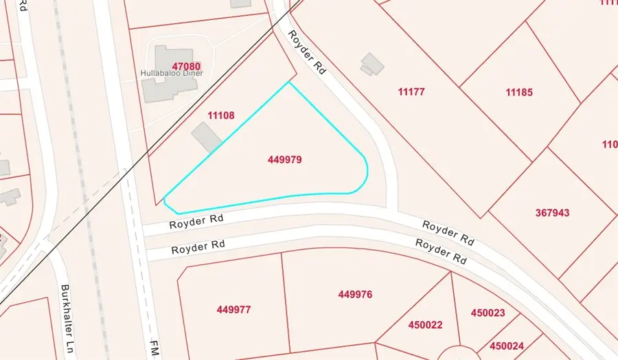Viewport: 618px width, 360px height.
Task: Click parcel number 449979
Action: click(285, 159)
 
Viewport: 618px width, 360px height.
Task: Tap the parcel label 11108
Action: click(221, 116)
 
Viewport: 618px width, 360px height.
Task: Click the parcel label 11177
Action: click(412, 91)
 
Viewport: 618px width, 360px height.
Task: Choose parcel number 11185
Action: click(519, 92)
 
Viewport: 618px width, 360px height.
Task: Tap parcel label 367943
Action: click(552, 213)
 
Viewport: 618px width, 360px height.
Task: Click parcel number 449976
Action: click(355, 295)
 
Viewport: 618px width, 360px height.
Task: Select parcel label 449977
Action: click(233, 310)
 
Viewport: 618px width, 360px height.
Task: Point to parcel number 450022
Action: click(426, 324)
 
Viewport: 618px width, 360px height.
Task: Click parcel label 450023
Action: click(488, 313)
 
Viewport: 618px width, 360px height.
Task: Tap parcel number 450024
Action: click(507, 346)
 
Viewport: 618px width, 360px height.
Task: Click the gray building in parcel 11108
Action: click(206, 137)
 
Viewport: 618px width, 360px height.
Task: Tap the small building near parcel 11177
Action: click(372, 63)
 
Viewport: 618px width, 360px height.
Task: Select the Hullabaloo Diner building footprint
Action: click(166, 76)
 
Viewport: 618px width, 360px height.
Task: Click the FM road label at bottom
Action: click(153, 349)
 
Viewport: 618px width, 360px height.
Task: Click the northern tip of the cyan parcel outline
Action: click(289, 82)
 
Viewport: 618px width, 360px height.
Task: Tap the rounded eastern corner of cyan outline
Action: click(366, 176)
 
